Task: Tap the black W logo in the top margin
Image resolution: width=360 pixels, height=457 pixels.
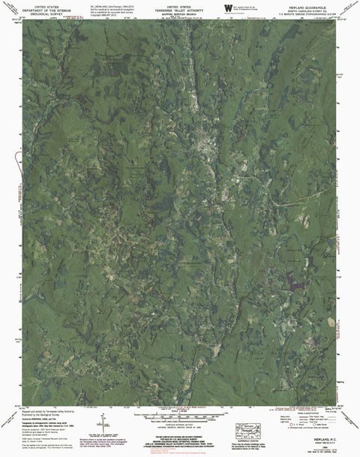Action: click(x=226, y=7)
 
